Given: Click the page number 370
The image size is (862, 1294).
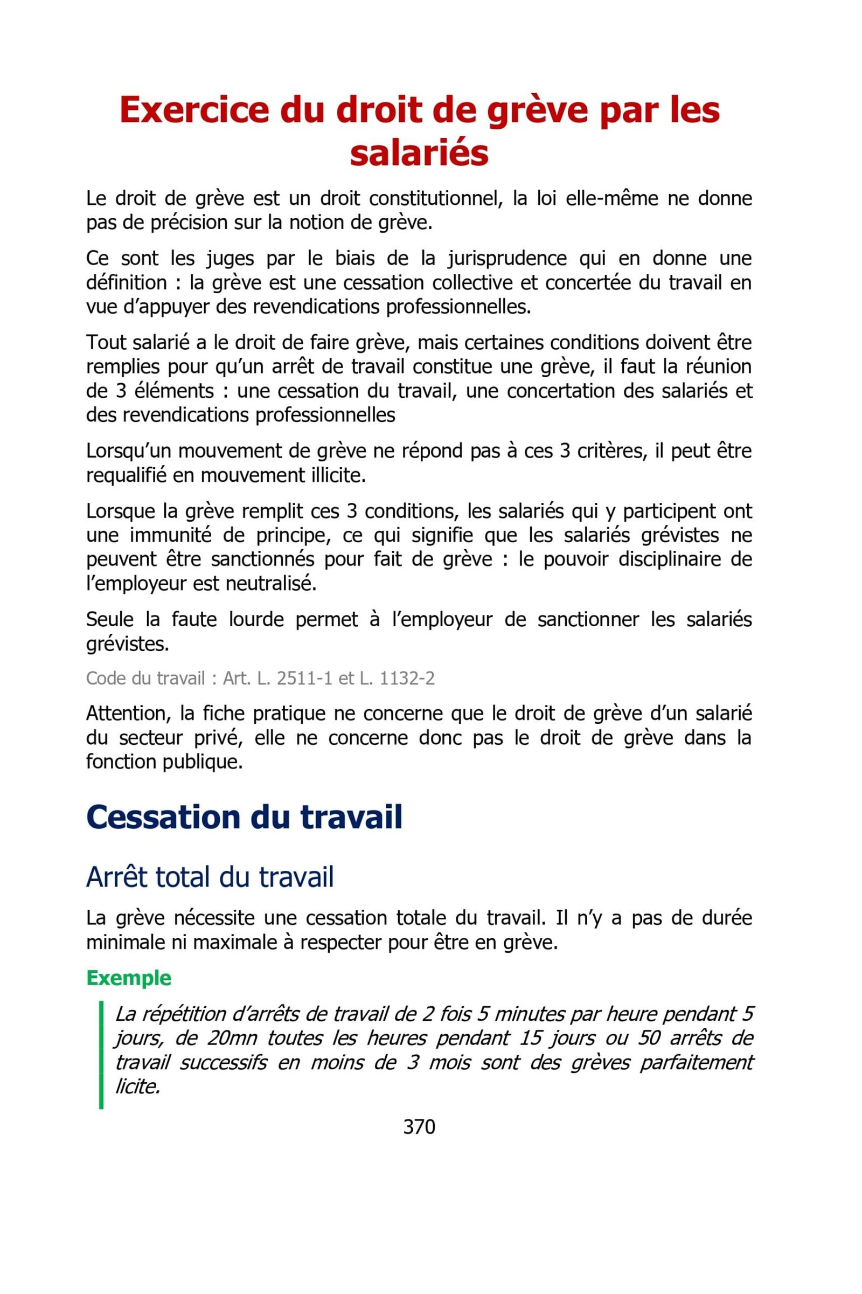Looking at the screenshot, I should coord(419,1127).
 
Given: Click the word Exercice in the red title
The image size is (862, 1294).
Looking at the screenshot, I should coord(194,109).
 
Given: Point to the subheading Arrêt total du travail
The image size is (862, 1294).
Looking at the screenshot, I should coord(210,877).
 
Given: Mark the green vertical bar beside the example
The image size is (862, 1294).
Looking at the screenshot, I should coord(101,1055).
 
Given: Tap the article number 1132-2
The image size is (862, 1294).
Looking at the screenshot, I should coord(407,678).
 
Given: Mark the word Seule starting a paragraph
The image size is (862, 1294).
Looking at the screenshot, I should coord(110,619).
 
